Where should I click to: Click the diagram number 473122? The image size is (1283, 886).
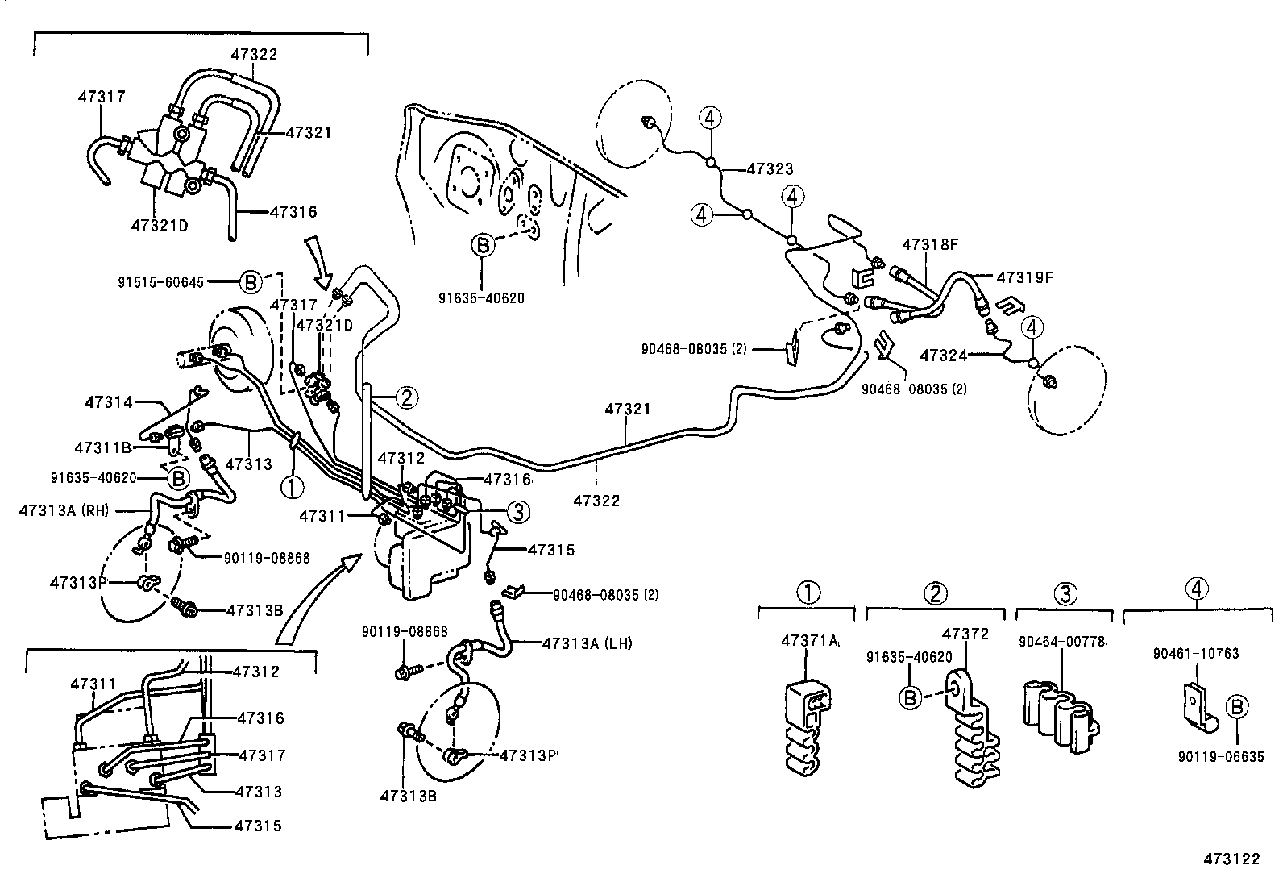pyautogui.click(x=1231, y=859)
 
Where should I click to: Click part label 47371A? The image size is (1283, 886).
pyautogui.click(x=810, y=641)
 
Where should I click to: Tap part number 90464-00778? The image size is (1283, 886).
pyautogui.click(x=1062, y=641)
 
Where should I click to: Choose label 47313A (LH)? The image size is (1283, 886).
pyautogui.click(x=588, y=643)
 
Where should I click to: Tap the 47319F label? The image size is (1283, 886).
pyautogui.click(x=1025, y=277)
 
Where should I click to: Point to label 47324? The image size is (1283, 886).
pyautogui.click(x=944, y=355)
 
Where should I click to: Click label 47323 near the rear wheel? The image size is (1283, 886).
pyautogui.click(x=770, y=169)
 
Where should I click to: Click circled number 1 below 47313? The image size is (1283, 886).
pyautogui.click(x=292, y=486)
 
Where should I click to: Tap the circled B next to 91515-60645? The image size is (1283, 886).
pyautogui.click(x=250, y=282)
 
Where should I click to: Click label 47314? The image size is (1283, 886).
pyautogui.click(x=111, y=401)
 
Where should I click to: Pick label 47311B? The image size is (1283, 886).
pyautogui.click(x=103, y=447)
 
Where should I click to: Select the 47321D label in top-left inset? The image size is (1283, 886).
pyautogui.click(x=159, y=225)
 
